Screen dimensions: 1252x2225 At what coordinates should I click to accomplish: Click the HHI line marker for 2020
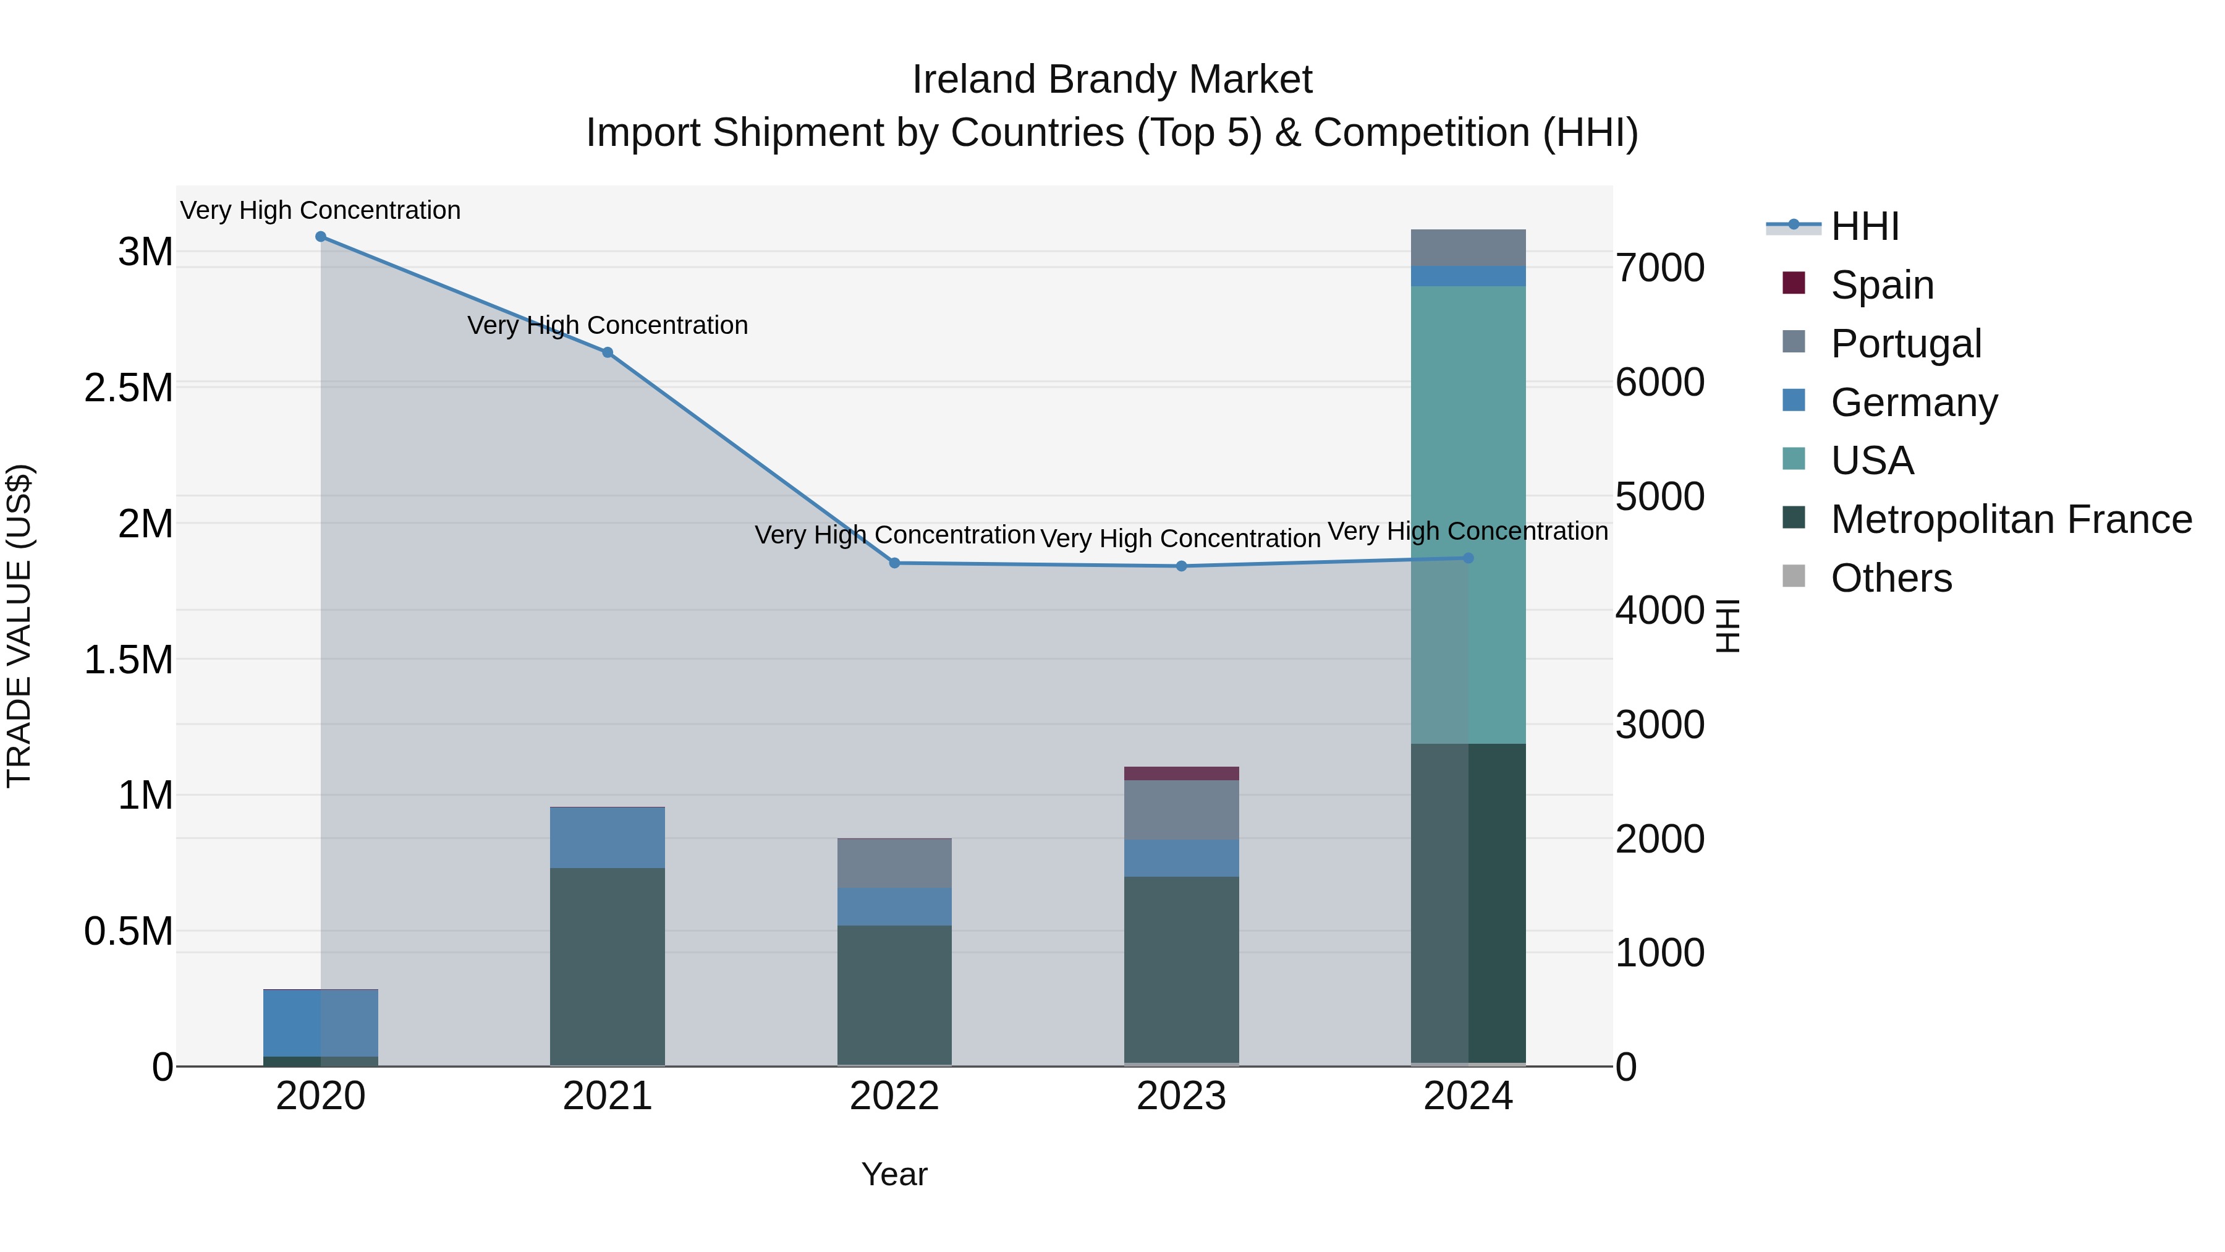click(x=320, y=237)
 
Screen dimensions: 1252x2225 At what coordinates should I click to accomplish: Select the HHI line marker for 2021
click(x=607, y=352)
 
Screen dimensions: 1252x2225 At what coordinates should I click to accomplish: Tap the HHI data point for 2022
click(x=895, y=563)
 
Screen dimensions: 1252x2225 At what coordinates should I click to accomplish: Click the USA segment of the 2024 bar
click(x=1468, y=514)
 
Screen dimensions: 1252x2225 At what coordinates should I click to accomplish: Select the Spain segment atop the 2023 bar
click(x=1182, y=773)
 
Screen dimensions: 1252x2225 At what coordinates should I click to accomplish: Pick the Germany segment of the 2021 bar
click(x=607, y=837)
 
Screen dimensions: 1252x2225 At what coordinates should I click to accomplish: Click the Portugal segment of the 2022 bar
click(x=895, y=863)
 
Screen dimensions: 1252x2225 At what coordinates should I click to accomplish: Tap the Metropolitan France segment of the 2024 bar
click(x=1468, y=903)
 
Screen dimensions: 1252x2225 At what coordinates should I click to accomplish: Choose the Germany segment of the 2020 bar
click(x=320, y=1023)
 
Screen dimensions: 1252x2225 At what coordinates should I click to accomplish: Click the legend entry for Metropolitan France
click(x=2011, y=519)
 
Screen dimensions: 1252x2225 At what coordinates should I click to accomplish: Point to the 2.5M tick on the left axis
click(x=129, y=388)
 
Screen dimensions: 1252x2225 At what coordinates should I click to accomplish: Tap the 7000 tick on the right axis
click(x=1659, y=268)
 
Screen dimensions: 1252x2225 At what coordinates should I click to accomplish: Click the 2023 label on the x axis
click(x=1182, y=1096)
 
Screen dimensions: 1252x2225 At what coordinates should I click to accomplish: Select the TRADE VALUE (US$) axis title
click(x=19, y=626)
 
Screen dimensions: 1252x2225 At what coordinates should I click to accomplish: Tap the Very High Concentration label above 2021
click(x=607, y=326)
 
